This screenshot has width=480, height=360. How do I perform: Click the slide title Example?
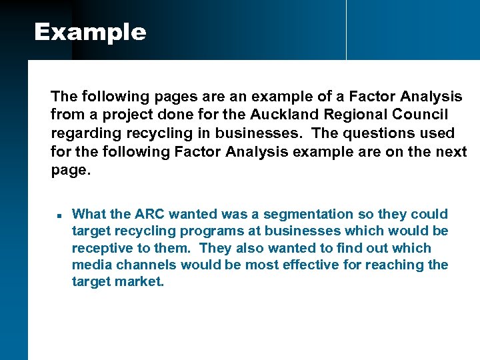90,32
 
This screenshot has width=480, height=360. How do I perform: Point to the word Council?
425,114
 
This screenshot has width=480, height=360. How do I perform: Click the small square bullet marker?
59,216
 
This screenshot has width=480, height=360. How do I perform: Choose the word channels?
145,265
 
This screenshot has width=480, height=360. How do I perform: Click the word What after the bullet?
89,214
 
